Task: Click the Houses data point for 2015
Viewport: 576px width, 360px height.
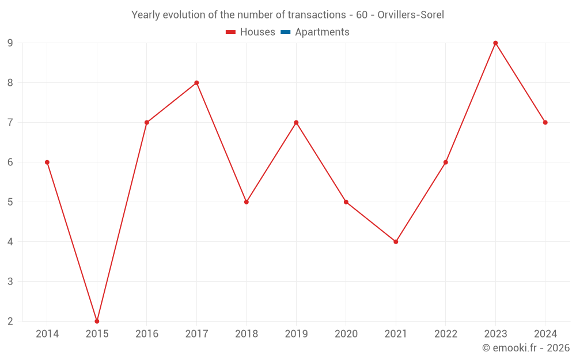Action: click(97, 321)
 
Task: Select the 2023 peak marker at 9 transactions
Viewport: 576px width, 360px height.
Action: click(495, 43)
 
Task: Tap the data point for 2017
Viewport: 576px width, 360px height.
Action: click(196, 83)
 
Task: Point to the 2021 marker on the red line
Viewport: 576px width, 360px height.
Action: click(396, 242)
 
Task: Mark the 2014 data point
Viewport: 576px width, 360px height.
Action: click(47, 162)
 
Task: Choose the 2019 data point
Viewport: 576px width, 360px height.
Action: click(296, 123)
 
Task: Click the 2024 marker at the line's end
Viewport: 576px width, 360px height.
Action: click(545, 123)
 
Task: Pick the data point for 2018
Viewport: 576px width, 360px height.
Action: click(247, 202)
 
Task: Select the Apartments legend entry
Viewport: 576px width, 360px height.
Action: click(322, 32)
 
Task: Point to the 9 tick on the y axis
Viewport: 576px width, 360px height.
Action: click(10, 43)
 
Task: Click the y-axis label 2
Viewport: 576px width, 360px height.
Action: click(10, 321)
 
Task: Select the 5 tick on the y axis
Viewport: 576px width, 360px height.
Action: click(10, 202)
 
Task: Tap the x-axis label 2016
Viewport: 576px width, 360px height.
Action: click(147, 334)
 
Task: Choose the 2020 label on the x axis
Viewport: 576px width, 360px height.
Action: click(346, 334)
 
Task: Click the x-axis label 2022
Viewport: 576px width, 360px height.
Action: click(446, 334)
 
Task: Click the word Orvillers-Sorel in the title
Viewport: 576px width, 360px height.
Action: click(411, 15)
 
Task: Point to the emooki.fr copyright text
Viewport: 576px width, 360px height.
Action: click(525, 348)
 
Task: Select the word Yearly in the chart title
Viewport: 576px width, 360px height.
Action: click(146, 15)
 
